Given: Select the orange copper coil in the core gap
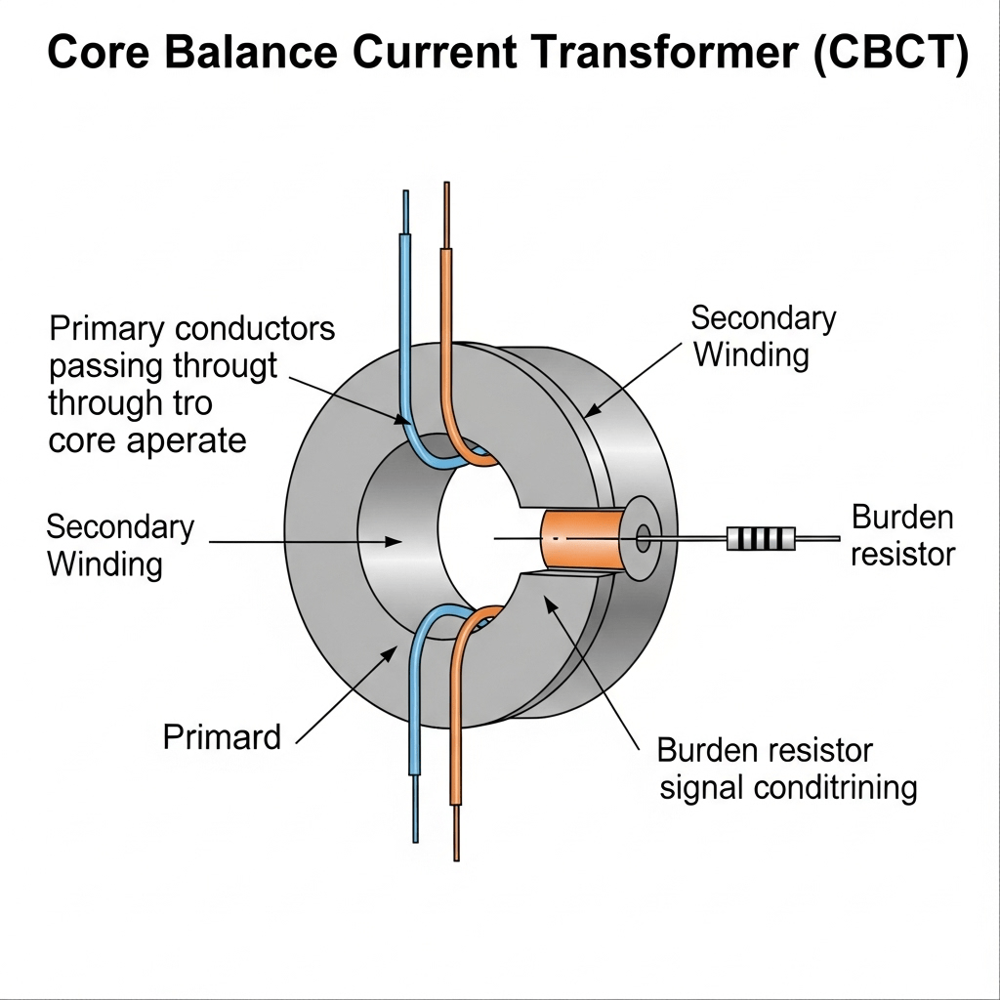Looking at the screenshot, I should point(582,539).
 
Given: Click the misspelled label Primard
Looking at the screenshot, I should point(222,735).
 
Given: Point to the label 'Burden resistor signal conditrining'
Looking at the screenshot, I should point(787,769).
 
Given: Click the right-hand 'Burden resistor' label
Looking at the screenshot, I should point(902,535).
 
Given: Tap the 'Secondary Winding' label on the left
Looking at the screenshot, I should point(120,545).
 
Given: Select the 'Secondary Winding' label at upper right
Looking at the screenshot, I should point(764,336).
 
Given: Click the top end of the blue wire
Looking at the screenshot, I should point(405,195).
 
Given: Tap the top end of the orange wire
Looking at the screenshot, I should point(446,187).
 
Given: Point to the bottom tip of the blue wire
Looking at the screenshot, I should point(416,836).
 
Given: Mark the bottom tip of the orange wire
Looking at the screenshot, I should point(456,854).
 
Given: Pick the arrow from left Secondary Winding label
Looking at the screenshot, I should point(303,540).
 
